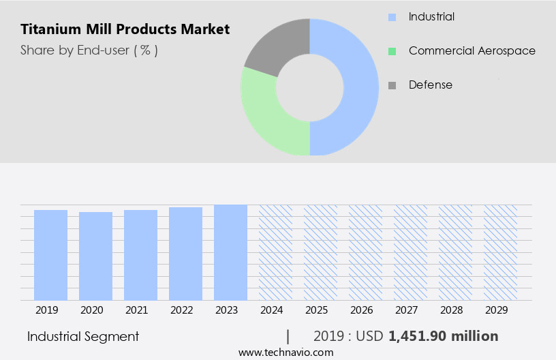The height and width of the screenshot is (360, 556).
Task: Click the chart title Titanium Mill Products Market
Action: pos(125,29)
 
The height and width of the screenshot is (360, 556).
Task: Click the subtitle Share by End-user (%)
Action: pos(89,50)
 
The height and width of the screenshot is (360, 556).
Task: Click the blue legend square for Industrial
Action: pos(392,16)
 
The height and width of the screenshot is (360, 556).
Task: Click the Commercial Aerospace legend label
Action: pos(472,50)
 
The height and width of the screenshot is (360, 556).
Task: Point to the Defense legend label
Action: pos(430,85)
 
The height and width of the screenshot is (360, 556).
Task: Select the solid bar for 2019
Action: pos(51,255)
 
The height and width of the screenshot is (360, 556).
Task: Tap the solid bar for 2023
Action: pos(230,252)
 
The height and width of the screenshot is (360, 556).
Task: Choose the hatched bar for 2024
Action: pos(275,252)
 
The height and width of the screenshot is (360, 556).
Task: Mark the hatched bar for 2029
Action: pos(500,252)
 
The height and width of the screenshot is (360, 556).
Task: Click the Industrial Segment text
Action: pos(83,336)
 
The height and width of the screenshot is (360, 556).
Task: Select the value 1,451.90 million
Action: pos(443,336)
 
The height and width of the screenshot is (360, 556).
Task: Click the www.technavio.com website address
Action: pos(286,352)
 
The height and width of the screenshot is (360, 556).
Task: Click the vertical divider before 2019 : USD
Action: pos(288,336)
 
